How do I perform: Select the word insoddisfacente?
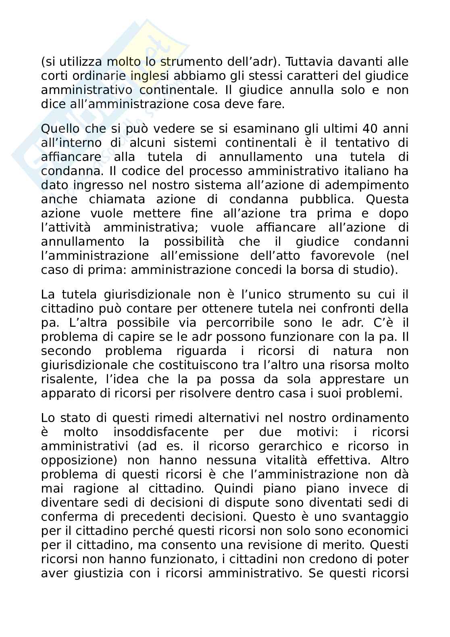point(161,432)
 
